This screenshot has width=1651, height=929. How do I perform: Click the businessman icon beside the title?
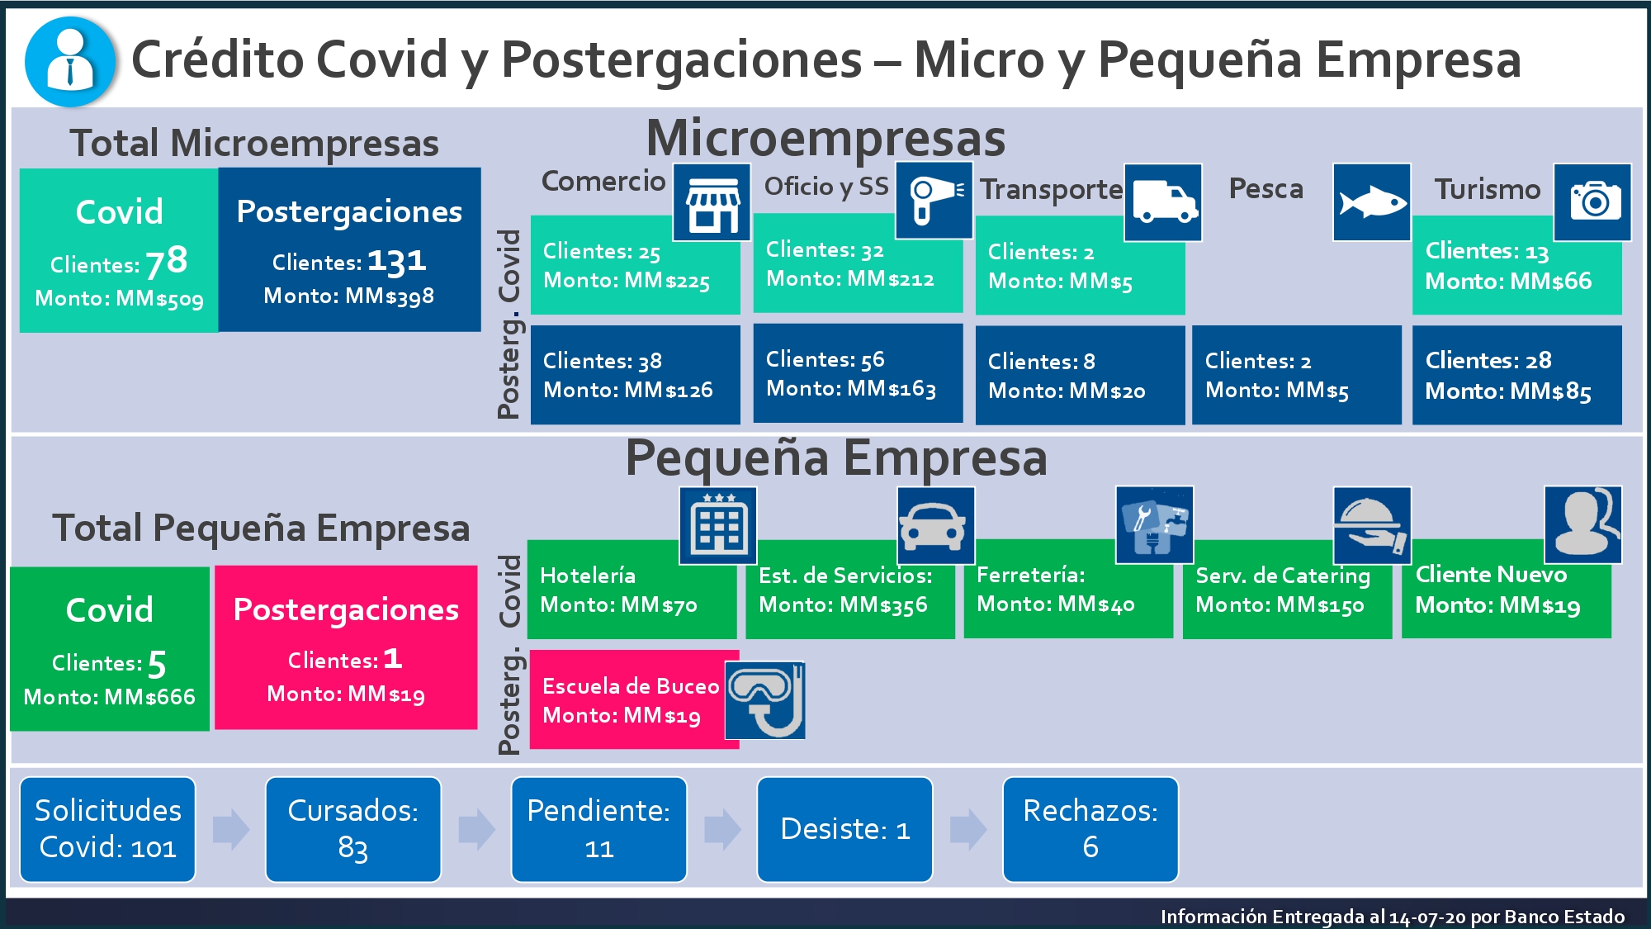70,62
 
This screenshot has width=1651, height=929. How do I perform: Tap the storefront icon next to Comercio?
712,201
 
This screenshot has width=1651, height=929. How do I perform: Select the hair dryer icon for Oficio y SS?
934,201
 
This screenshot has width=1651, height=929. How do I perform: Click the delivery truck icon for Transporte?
1163,202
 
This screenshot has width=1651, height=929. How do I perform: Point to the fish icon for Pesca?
1372,202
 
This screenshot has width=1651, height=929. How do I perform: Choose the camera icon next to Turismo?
1593,202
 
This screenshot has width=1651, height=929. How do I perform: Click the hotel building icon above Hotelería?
718,525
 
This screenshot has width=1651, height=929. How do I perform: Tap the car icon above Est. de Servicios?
936,525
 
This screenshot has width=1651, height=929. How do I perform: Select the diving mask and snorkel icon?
765,700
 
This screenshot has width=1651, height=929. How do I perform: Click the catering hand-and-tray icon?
1372,525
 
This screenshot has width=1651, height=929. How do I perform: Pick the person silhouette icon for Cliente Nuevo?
1583,524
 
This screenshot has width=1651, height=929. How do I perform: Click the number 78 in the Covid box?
167,261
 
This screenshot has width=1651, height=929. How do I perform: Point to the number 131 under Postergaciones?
397,261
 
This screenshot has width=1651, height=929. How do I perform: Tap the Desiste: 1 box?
844,829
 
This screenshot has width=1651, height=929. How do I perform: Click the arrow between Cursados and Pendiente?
476,829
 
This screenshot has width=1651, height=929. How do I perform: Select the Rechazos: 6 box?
1090,829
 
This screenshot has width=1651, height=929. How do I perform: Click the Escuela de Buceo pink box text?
631,700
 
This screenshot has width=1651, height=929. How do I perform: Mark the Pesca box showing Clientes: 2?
1296,375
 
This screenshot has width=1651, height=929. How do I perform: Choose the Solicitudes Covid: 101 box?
107,829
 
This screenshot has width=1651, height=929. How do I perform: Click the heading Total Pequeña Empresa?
261,528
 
